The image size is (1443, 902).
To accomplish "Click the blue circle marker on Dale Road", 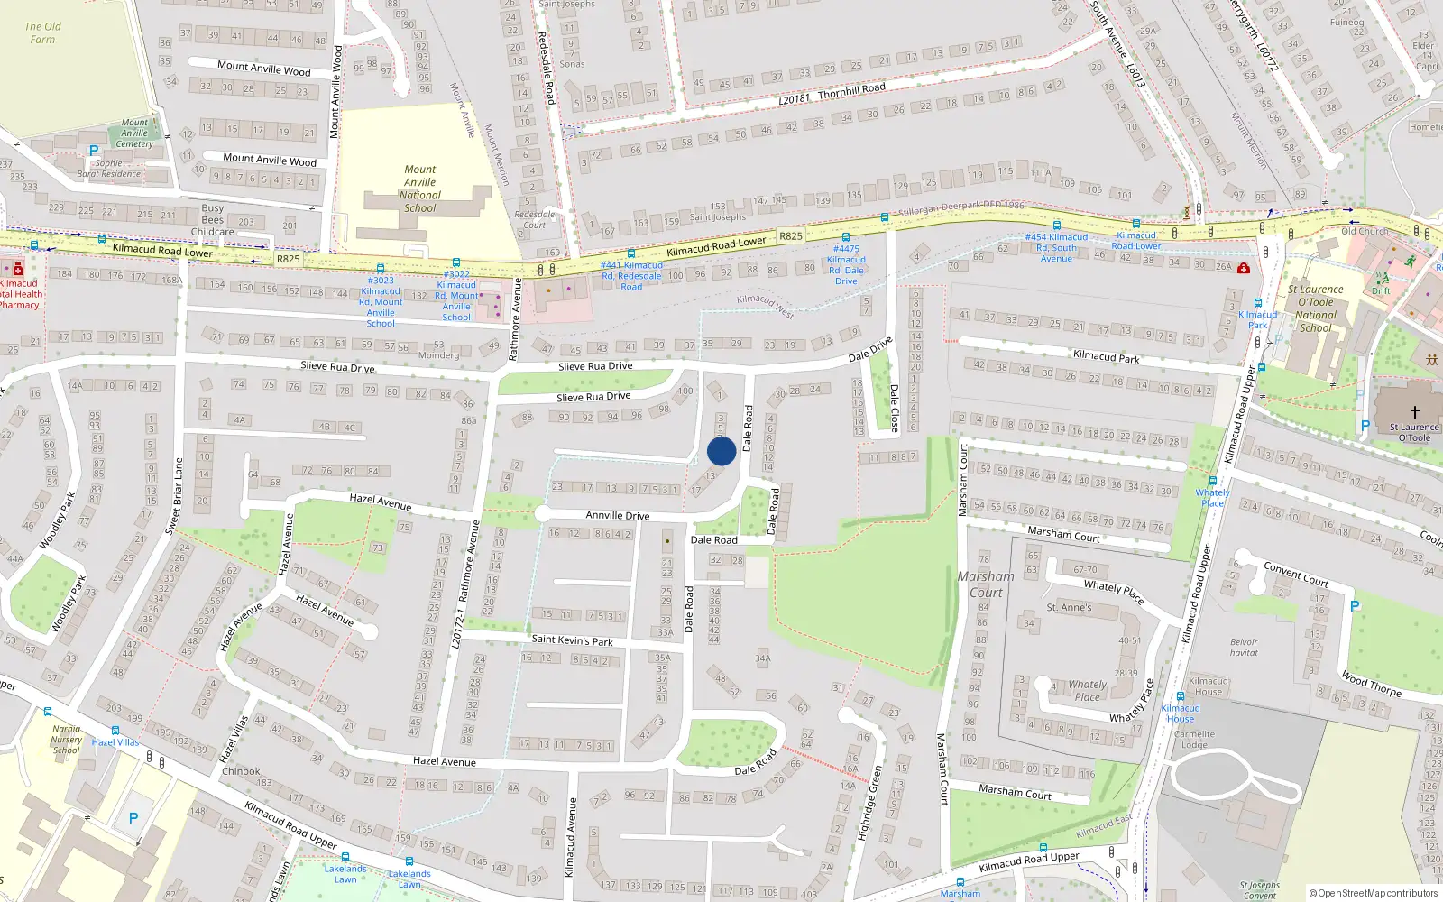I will pos(721,451).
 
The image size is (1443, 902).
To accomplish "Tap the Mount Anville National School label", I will pos(419,189).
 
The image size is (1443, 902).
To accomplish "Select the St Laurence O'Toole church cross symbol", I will pos(1414,411).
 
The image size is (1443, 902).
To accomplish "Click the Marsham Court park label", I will pos(985,584).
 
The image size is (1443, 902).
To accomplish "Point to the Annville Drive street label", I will pos(617,515).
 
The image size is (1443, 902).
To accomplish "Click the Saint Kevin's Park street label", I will pos(572,640).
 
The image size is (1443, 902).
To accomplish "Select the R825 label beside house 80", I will pos(790,236).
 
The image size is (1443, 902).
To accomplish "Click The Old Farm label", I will pos(42,32).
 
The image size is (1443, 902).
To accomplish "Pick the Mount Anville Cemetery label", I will pos(134,133).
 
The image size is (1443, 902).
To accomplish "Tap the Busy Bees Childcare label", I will pos(213,220).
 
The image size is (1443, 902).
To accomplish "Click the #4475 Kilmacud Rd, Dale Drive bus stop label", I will pos(846,264).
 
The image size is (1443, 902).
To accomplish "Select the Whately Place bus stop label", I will pos(1212,498).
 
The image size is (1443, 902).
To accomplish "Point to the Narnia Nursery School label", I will pos(66,740).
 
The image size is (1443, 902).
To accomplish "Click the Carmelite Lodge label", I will pos(1194,740).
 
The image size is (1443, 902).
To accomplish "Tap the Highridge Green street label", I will pos(869,804).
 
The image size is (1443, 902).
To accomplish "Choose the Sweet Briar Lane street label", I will pos(174,496).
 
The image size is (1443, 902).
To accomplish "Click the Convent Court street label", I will pos(1296,574).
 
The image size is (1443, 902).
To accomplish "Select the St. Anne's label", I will pos(1069,608).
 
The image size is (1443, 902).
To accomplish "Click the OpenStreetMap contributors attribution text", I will pos(1373,894).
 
